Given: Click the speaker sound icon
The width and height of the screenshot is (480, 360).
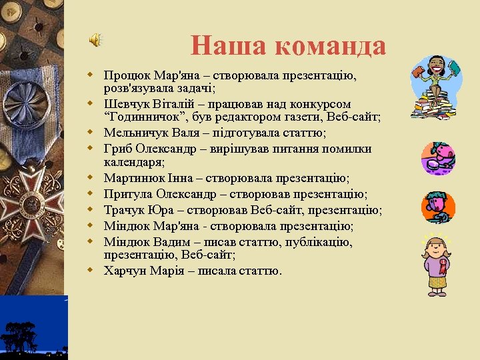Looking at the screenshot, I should pos(96,41).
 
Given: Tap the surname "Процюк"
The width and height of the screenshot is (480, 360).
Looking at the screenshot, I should pos(125,75).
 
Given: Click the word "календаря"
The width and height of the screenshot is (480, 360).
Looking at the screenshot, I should pos(133,162).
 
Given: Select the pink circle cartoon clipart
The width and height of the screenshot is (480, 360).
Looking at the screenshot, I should pos(438,157).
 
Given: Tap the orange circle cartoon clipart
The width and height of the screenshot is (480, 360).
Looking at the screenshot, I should pos(438,207).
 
